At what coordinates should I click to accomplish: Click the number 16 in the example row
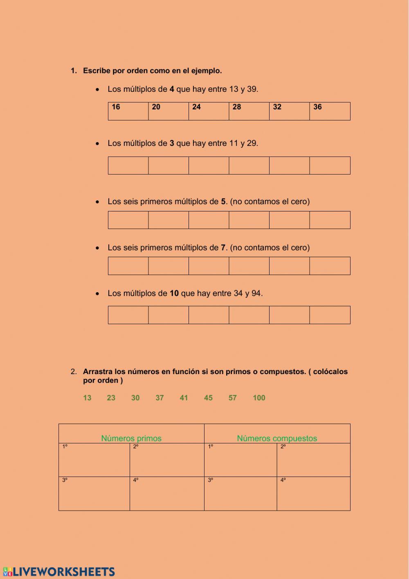116,107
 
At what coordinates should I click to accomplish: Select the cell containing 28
249,111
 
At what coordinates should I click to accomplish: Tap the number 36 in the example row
318,107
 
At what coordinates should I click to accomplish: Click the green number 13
87,398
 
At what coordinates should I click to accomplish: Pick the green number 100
259,398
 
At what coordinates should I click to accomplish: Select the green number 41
184,398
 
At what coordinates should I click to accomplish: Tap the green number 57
233,398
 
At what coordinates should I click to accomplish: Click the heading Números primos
131,438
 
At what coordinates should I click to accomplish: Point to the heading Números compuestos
277,438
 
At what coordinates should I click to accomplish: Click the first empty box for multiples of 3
128,166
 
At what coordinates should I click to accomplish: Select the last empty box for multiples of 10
330,315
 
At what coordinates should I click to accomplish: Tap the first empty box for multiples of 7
128,266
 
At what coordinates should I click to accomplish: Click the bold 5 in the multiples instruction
223,202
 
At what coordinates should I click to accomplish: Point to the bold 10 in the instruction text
174,293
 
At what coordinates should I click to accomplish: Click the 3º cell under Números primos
94,494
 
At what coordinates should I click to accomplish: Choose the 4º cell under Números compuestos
313,494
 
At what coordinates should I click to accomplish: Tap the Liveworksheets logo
59,572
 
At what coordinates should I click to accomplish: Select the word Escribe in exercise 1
97,70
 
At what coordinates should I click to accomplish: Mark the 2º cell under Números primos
167,460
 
